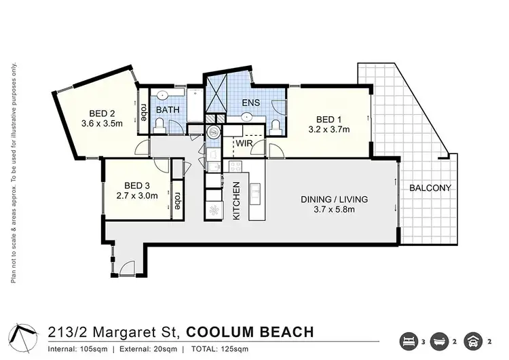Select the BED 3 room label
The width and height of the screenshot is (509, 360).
point(137,185)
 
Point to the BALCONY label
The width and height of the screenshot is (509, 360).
point(430,187)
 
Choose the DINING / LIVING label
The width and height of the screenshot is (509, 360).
point(335,200)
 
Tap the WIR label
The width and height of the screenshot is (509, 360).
point(244,144)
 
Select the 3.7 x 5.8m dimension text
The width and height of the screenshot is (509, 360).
point(335,211)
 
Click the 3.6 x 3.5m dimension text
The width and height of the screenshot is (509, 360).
point(101,124)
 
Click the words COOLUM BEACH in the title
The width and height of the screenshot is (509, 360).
point(250,332)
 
